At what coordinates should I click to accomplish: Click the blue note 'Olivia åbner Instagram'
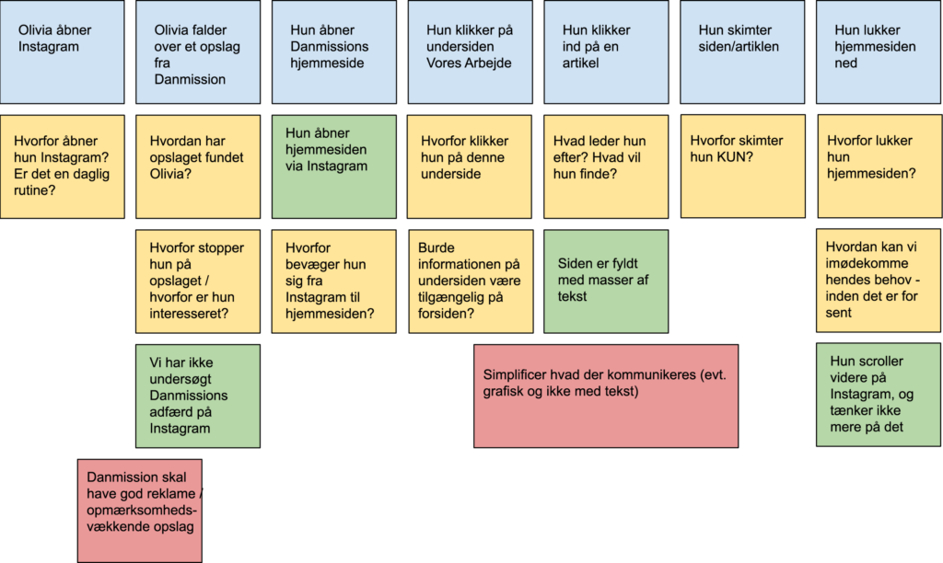(63, 52)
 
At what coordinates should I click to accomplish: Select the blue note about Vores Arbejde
(471, 52)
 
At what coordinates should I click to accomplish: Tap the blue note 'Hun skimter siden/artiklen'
(742, 52)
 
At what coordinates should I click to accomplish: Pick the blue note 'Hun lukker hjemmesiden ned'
(879, 52)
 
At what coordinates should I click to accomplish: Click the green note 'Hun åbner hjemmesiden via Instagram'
(334, 167)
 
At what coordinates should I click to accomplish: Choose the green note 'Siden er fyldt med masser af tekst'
(606, 281)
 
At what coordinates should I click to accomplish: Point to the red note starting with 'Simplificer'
(606, 396)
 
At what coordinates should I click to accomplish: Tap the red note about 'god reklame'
(140, 511)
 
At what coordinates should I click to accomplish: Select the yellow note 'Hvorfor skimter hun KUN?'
(743, 167)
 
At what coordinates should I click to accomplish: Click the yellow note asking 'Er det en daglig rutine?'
(63, 167)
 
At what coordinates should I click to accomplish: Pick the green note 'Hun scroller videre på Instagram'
(879, 395)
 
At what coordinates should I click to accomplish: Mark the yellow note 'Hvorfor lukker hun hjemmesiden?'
(879, 167)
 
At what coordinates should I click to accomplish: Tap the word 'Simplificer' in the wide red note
(514, 375)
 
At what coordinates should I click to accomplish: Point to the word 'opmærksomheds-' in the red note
(142, 511)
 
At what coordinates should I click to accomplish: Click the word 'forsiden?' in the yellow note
(445, 314)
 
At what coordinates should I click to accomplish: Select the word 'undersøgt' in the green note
(180, 379)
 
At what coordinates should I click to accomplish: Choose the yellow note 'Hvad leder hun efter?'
(606, 167)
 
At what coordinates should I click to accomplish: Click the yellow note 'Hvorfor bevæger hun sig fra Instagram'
(334, 281)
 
